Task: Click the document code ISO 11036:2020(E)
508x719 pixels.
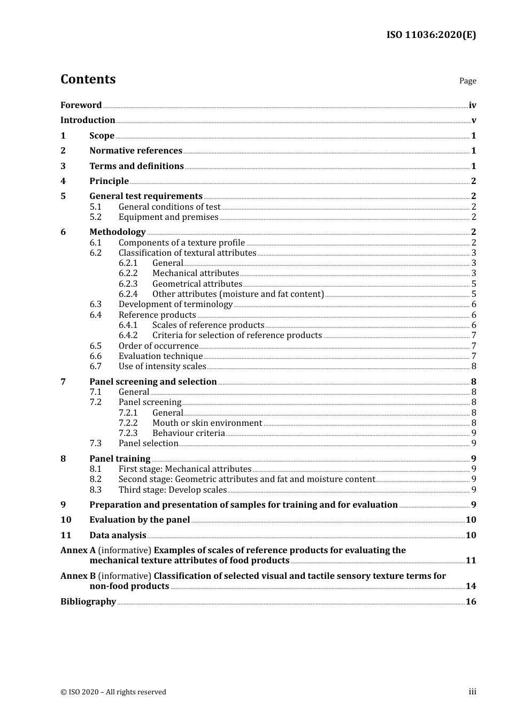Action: tap(431, 35)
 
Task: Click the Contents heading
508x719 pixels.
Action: tap(88, 79)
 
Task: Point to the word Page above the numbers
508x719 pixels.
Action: tap(467, 81)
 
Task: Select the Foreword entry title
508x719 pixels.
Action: tap(81, 105)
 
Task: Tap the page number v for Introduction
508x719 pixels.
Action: tap(473, 120)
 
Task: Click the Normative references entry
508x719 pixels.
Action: tap(136, 151)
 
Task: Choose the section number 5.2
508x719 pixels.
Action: tap(95, 217)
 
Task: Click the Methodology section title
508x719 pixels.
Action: tap(117, 232)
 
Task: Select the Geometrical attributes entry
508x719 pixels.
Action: tap(197, 284)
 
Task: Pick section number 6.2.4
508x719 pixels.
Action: tap(128, 294)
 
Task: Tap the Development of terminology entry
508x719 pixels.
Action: tap(175, 304)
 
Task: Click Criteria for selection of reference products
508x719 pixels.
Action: tap(237, 335)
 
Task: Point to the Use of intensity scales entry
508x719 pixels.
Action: tap(162, 366)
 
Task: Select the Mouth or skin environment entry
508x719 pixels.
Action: tap(207, 423)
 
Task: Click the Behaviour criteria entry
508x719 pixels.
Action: tap(188, 433)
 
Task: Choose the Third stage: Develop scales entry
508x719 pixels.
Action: tap(173, 490)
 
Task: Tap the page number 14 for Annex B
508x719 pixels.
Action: tap(471, 586)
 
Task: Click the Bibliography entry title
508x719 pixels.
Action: tap(88, 602)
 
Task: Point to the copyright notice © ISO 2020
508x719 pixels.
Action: tap(113, 692)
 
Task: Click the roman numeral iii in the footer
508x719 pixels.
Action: tap(472, 692)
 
